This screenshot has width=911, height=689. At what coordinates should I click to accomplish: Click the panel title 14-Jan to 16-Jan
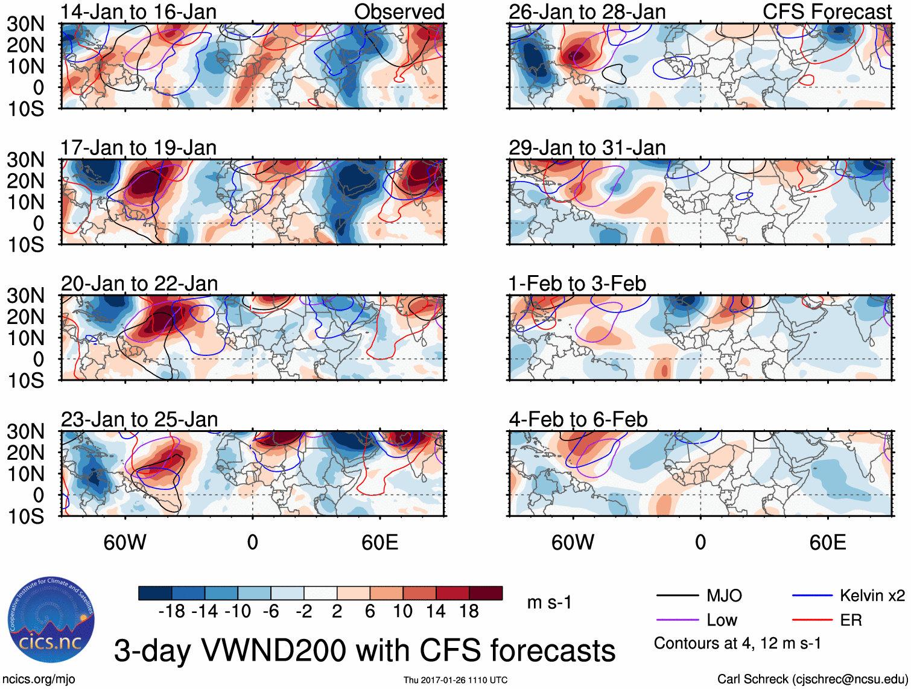point(138,12)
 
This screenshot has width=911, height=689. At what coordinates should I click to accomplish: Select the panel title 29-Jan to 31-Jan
point(587,148)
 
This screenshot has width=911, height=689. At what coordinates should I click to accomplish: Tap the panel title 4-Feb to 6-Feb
point(578,419)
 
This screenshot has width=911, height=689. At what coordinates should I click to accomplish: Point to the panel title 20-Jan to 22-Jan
point(139,284)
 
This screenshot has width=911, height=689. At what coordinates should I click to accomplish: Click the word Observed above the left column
point(399,12)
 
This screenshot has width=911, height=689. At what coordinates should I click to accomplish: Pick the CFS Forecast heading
point(827,12)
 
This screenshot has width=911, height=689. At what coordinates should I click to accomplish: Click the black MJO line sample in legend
point(677,596)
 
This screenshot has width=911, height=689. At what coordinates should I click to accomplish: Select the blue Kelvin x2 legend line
point(812,596)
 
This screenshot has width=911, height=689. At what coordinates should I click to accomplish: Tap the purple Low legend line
point(677,620)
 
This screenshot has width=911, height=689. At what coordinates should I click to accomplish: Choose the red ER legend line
point(812,620)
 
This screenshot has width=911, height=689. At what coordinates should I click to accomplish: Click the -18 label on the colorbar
point(172,612)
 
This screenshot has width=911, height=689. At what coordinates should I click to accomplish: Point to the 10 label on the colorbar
point(402,612)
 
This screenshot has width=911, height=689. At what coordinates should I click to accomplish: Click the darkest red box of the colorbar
point(486,593)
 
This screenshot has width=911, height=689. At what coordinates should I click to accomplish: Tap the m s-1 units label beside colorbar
point(549,603)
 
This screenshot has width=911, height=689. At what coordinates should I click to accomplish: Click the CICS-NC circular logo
point(51,620)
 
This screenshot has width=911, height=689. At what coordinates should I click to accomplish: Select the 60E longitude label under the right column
point(827,542)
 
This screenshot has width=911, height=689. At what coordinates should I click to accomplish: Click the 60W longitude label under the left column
point(125,542)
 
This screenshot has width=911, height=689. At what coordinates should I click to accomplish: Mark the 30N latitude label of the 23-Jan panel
point(25,431)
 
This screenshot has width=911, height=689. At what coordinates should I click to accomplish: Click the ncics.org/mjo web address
point(38,679)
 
